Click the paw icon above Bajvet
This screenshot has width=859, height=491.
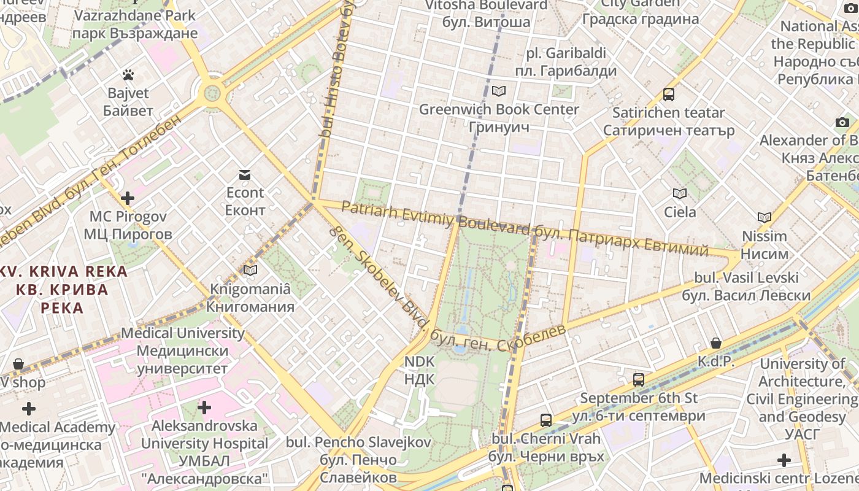click(x=128, y=75)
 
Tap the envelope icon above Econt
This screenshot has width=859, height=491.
click(x=245, y=175)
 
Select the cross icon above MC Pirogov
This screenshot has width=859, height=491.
click(x=128, y=198)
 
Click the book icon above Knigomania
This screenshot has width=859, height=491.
click(x=250, y=270)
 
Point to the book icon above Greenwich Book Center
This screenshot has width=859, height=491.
click(x=499, y=91)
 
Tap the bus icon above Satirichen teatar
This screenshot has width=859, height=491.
click(x=669, y=95)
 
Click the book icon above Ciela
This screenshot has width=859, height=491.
click(x=680, y=194)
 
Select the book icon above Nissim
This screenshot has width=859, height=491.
click(x=765, y=217)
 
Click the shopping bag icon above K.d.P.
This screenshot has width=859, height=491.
click(x=716, y=343)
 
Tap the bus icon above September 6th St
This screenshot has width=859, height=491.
click(x=639, y=379)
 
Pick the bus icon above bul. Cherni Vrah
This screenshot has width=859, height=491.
click(x=546, y=420)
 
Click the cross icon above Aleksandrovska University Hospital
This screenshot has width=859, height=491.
click(x=204, y=407)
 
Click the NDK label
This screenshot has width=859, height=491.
click(x=419, y=370)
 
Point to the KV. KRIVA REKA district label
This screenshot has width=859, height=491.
click(x=64, y=289)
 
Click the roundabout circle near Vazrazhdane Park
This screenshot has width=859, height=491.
click(x=212, y=94)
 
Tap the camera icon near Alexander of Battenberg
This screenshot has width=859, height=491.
click(x=842, y=122)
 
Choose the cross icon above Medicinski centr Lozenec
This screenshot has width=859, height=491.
click(x=784, y=460)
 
